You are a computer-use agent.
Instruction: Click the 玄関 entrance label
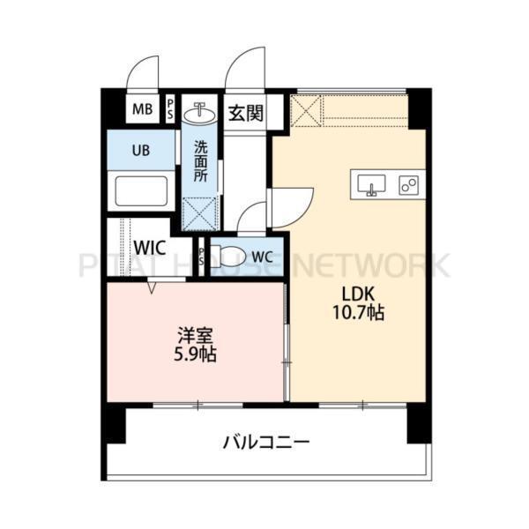coord(246,113)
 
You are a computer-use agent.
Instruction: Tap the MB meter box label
coord(141,111)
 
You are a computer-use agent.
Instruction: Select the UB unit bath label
coord(141,149)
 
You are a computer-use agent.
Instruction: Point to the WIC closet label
coord(151,248)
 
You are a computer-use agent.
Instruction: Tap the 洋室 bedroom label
coord(197,336)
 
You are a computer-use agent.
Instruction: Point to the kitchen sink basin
coord(372,185)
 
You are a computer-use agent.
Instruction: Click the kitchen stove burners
coord(408,185)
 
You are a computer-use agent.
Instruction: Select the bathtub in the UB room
coord(141,190)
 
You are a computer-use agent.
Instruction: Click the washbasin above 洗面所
coord(201,113)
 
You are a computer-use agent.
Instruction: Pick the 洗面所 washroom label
coord(201,161)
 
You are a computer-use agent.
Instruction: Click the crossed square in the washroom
coord(200,214)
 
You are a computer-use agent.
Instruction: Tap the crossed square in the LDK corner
coord(307,112)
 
